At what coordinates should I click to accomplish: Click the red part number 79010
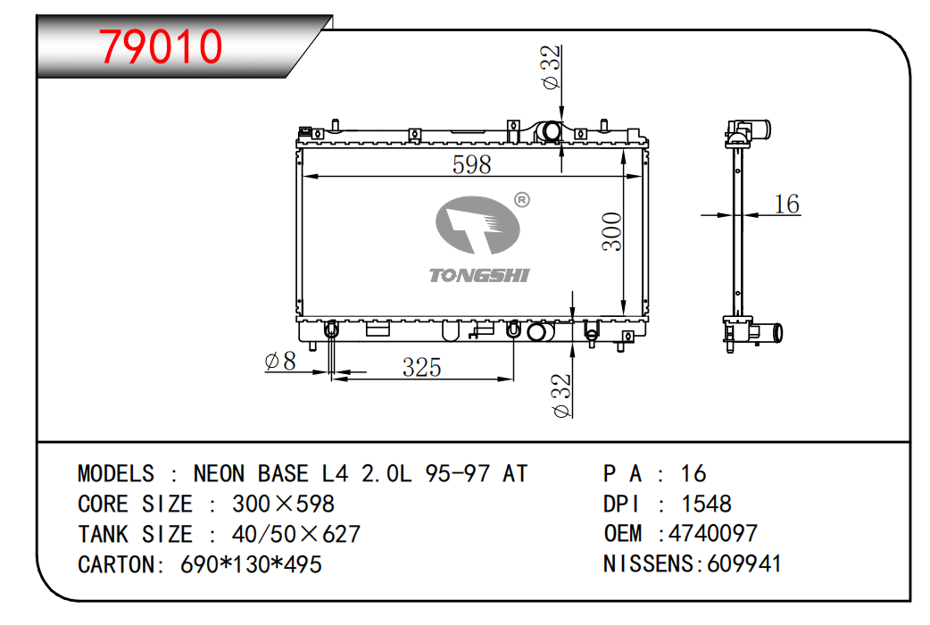pyautogui.click(x=160, y=46)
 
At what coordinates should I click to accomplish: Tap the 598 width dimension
pyautogui.click(x=471, y=164)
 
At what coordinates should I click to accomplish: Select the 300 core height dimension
pyautogui.click(x=611, y=231)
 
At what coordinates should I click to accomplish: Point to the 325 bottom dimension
pyautogui.click(x=421, y=367)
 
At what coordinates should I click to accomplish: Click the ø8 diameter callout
pyautogui.click(x=280, y=361)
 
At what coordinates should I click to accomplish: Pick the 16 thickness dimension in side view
pyautogui.click(x=787, y=204)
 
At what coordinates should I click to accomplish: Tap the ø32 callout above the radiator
pyautogui.click(x=551, y=67)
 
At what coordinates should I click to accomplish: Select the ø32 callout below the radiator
pyautogui.click(x=561, y=396)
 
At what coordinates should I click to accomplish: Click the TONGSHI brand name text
pyautogui.click(x=478, y=275)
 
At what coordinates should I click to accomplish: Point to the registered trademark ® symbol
pyautogui.click(x=522, y=200)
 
